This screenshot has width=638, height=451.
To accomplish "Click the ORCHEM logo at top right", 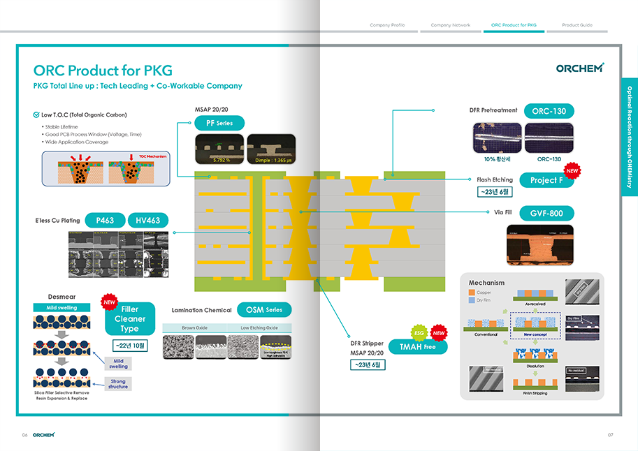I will tap(580, 68).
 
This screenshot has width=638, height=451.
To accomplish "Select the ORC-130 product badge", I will tap(549, 111).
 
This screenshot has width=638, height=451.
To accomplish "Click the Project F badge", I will tap(547, 180).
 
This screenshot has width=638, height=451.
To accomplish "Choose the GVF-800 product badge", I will tap(547, 214).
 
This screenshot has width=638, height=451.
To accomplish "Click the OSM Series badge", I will tap(264, 310).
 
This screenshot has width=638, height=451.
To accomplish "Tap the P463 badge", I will tap(106, 221).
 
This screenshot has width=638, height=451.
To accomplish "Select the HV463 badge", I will tap(148, 221).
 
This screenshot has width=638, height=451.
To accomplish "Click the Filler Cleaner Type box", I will tap(130, 319).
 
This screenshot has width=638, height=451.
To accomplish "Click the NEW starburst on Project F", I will tap(572, 170).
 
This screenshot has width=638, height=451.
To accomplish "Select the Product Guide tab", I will tap(577, 25).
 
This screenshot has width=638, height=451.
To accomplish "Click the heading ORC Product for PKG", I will tap(103, 71).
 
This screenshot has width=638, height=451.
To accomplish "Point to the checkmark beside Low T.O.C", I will tap(36, 114).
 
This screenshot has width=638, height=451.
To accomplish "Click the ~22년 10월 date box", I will tap(130, 346).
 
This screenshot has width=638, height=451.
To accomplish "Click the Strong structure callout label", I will tap(118, 384).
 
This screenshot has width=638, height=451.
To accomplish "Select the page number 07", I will tap(610, 435).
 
